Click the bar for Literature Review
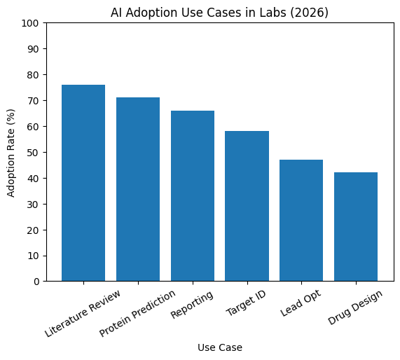(x=83, y=183)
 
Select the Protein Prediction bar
(x=138, y=189)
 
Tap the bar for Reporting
(x=193, y=195)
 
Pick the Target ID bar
(x=247, y=206)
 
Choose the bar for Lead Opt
(x=301, y=220)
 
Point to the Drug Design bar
(x=356, y=226)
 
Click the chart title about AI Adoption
(x=220, y=12)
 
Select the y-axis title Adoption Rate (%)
(x=11, y=152)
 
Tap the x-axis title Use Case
(x=220, y=347)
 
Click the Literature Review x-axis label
(x=83, y=312)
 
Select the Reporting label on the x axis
(x=192, y=303)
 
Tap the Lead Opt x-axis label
(x=301, y=302)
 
